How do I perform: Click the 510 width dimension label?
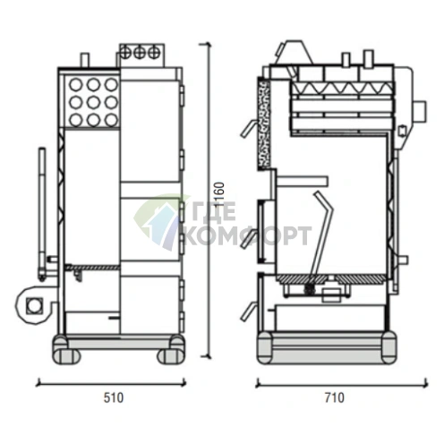114,397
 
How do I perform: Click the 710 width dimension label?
335,397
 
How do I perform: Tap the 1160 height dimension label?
219,194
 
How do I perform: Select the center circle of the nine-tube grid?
93,102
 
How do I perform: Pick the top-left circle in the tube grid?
75,85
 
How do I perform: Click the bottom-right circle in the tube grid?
111,120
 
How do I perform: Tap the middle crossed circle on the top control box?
140,53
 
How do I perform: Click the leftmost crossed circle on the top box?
125,53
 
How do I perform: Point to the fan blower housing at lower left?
33,305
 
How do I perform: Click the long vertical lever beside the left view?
42,213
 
